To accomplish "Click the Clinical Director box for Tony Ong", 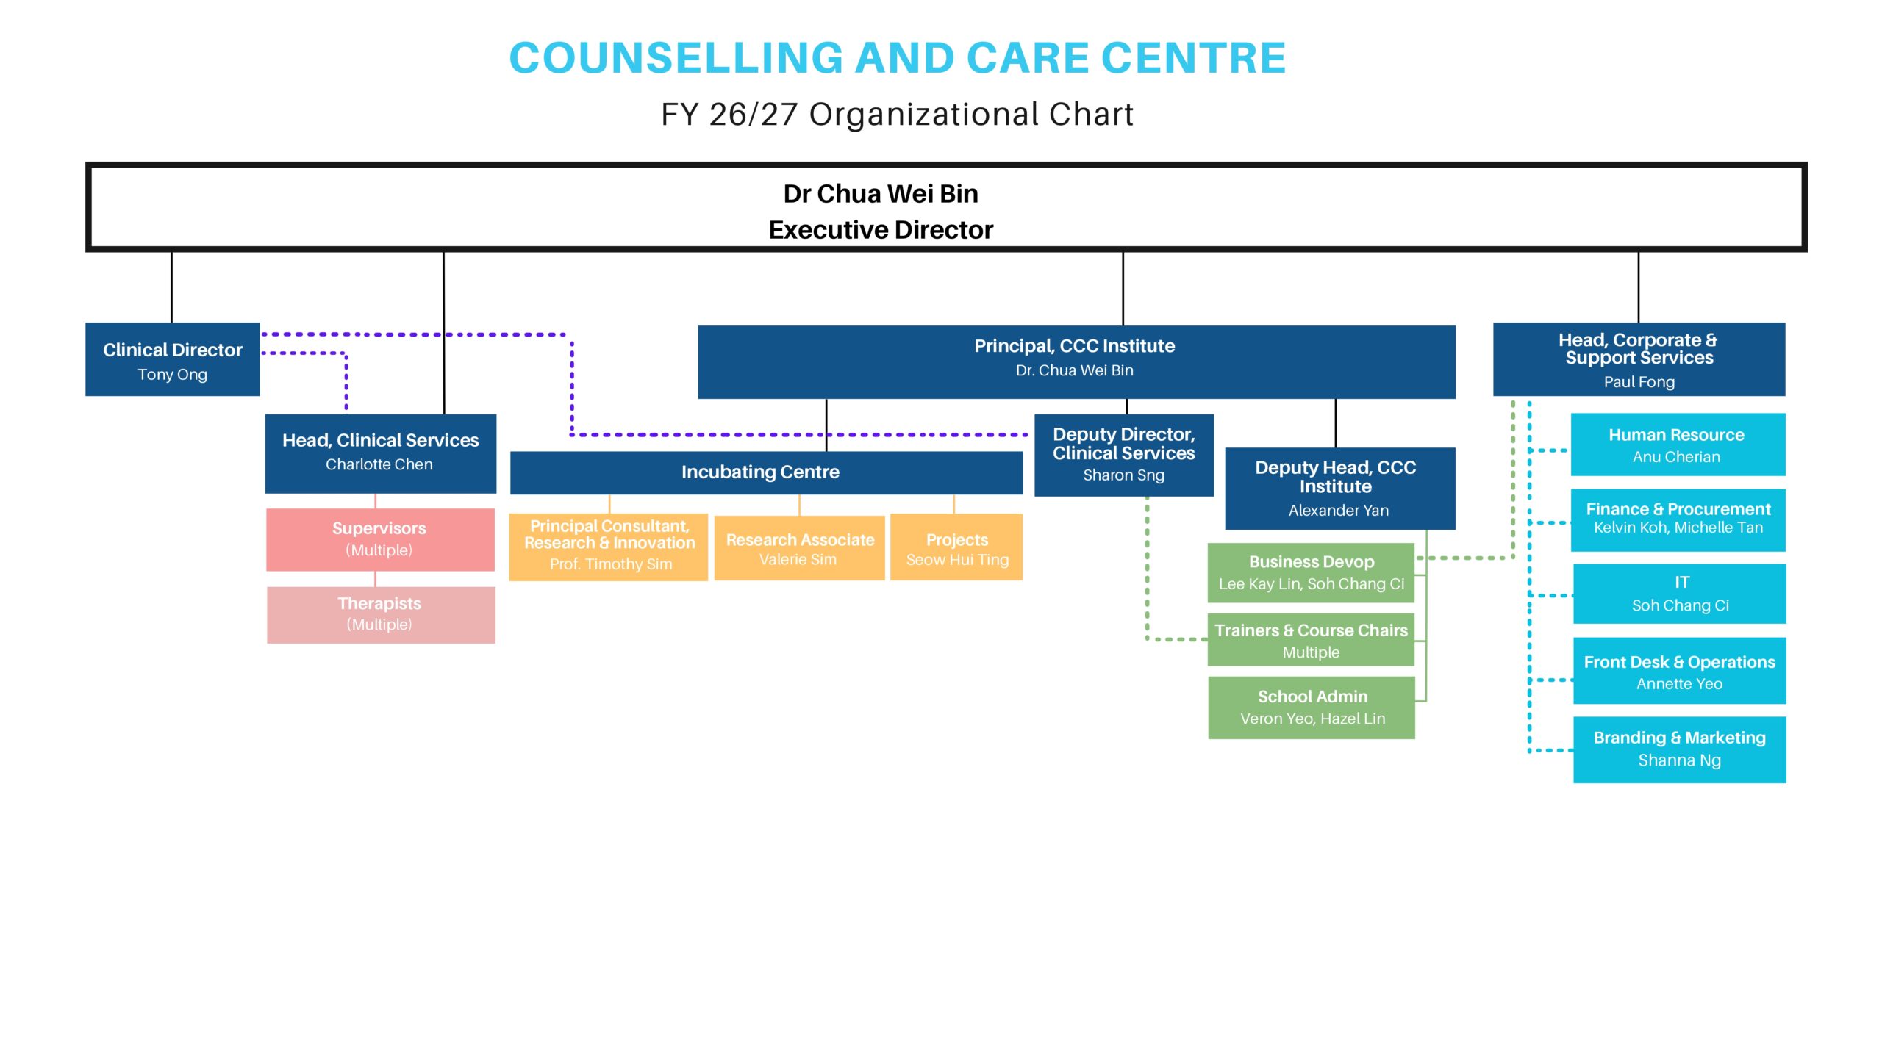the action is (172, 359).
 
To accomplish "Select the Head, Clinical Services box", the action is (380, 453).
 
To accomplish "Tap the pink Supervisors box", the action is (380, 539).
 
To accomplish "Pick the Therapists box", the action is (381, 615).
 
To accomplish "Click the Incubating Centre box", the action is (766, 472).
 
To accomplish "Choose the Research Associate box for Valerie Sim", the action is (799, 548).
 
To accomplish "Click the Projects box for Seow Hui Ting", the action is (956, 547).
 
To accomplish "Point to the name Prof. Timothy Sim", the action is (611, 564).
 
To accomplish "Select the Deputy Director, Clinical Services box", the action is (1123, 456).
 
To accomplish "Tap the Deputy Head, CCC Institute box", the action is (1339, 489).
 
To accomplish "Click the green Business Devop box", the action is (1311, 573).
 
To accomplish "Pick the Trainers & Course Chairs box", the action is (1311, 640).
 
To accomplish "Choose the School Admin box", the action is (1312, 708).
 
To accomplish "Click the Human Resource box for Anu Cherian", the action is (1678, 445).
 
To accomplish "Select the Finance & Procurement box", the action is (1678, 520).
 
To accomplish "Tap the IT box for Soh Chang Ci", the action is (1679, 594).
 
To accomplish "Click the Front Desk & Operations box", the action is (1679, 671).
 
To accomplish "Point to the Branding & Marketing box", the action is (1679, 749).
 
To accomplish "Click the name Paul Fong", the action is (1639, 382).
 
